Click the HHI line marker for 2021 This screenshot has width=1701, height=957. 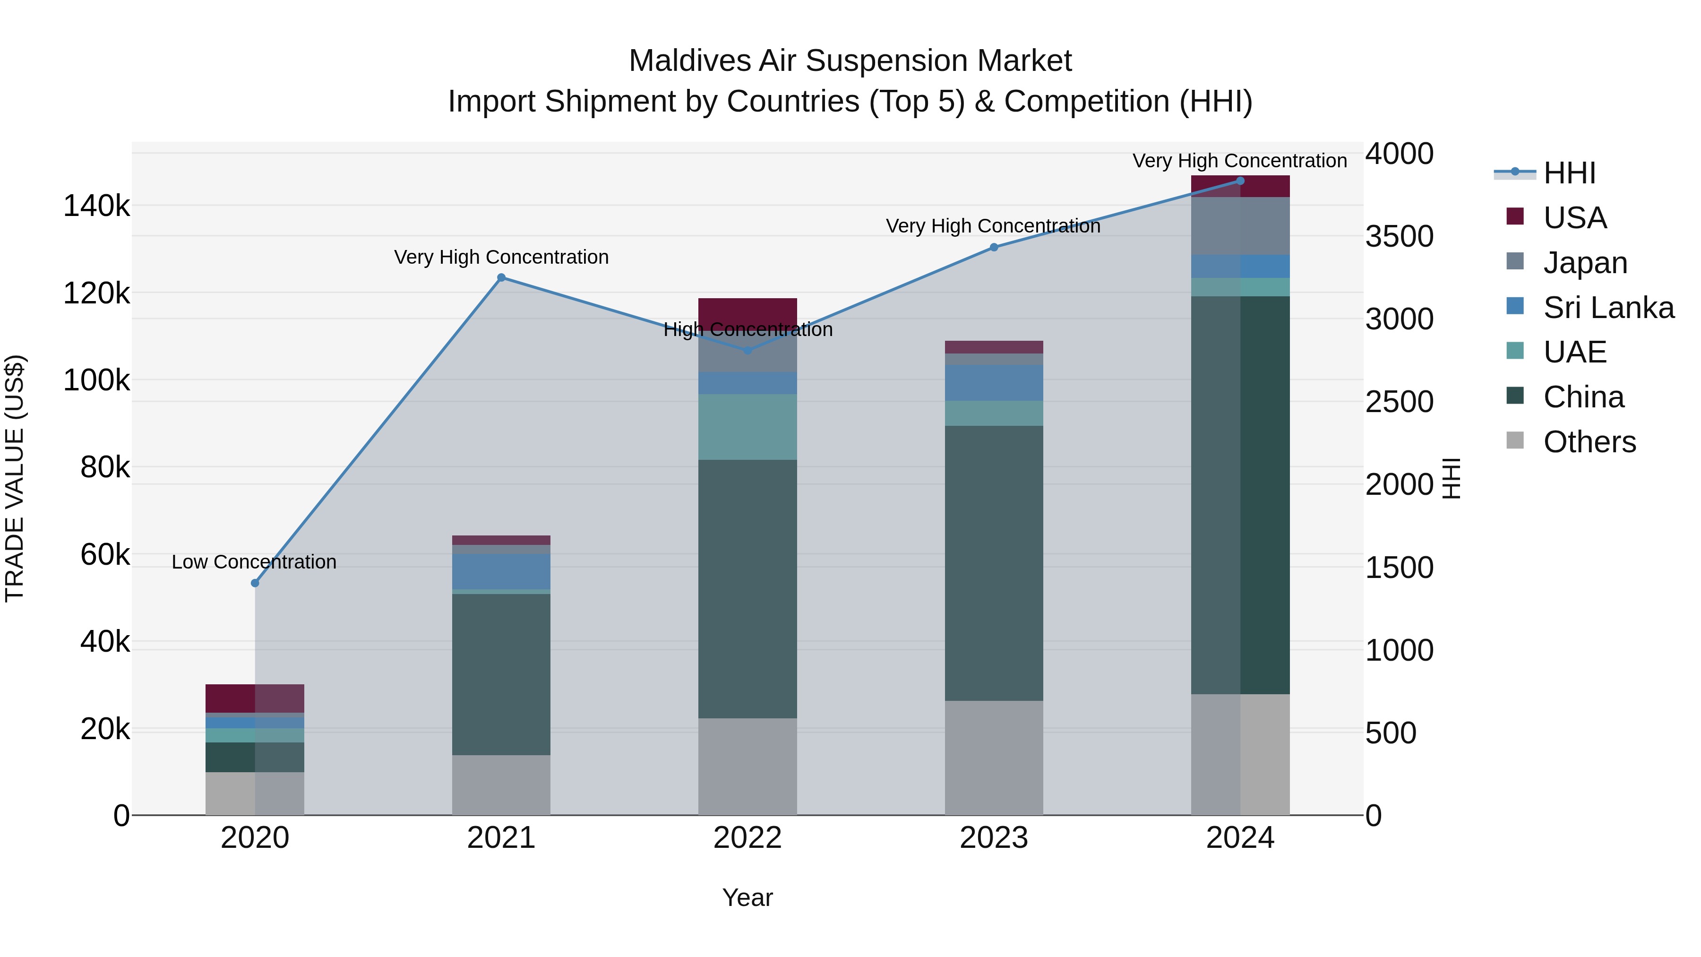(x=501, y=277)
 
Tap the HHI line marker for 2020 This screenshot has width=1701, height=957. (x=255, y=583)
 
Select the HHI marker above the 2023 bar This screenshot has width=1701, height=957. (x=994, y=247)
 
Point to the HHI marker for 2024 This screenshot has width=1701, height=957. (x=1240, y=181)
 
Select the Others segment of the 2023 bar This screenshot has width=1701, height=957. (x=994, y=758)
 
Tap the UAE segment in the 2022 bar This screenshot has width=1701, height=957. (x=747, y=427)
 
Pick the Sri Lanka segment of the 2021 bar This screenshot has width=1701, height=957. (x=501, y=571)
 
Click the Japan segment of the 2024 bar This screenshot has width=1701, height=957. (x=1240, y=226)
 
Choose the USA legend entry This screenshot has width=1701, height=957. (x=1574, y=217)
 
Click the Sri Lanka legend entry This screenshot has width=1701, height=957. (x=1608, y=307)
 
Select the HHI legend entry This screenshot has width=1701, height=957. (x=1569, y=173)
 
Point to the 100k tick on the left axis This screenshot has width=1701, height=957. (x=96, y=380)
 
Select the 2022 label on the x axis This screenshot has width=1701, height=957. (x=747, y=838)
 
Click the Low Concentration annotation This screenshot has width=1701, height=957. (x=254, y=562)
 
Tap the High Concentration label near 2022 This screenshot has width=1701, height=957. (x=747, y=329)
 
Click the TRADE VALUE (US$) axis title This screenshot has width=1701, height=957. (x=15, y=478)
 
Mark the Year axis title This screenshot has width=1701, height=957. (x=747, y=897)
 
